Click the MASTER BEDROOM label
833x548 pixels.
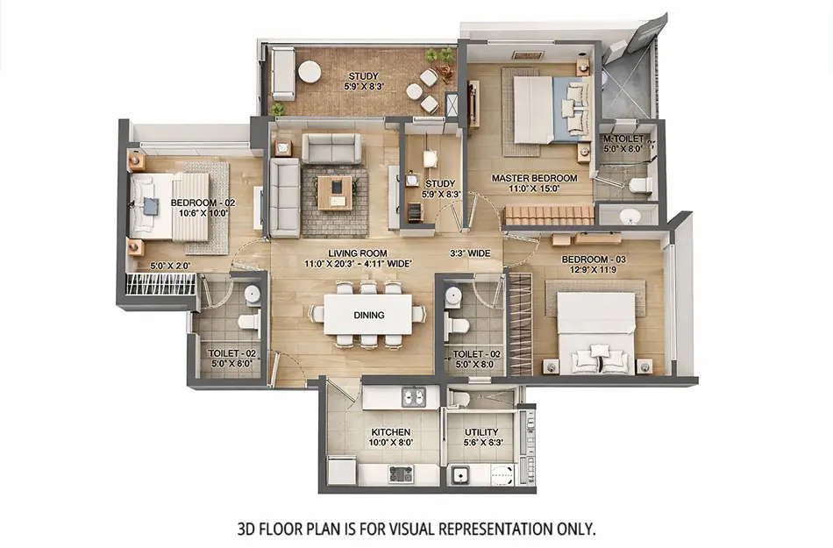point(534,178)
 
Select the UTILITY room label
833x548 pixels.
point(481,432)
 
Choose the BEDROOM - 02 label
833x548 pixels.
point(203,202)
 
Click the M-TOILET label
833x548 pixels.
point(623,139)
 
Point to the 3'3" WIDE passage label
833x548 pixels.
point(470,253)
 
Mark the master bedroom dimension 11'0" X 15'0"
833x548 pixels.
point(534,189)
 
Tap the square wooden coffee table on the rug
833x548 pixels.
point(334,192)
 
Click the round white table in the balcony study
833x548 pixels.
point(310,71)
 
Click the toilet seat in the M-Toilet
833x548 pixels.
point(640,185)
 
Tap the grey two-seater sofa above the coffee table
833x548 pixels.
point(331,148)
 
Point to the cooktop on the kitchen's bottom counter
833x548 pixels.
point(401,474)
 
